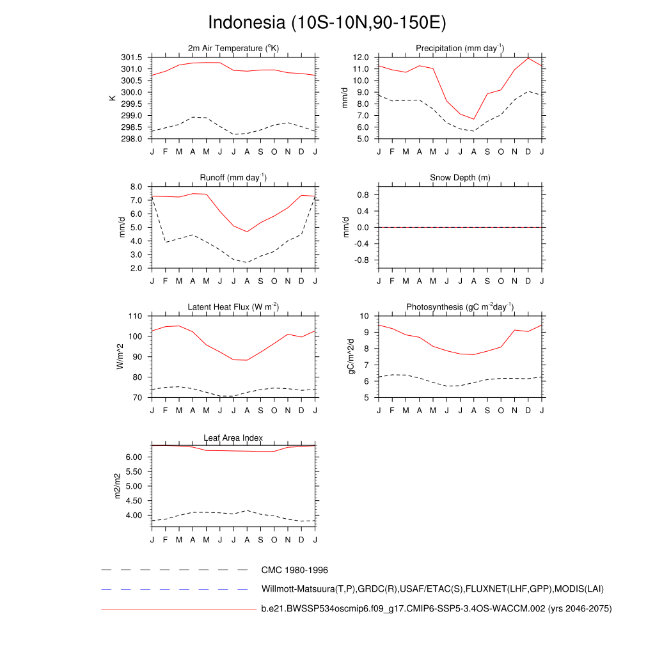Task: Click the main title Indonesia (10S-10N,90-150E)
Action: click(327, 22)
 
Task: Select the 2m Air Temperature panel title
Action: click(233, 49)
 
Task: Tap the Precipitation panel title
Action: click(460, 49)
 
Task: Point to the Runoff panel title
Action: click(233, 178)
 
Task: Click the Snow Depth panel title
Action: click(460, 178)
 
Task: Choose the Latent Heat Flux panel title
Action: click(233, 307)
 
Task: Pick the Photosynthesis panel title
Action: click(460, 307)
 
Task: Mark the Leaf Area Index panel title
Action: click(233, 438)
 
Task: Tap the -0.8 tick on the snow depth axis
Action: click(361, 260)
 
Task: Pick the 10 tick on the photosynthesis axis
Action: click(366, 316)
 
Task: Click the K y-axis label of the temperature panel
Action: click(113, 98)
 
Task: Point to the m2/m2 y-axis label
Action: click(117, 486)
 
